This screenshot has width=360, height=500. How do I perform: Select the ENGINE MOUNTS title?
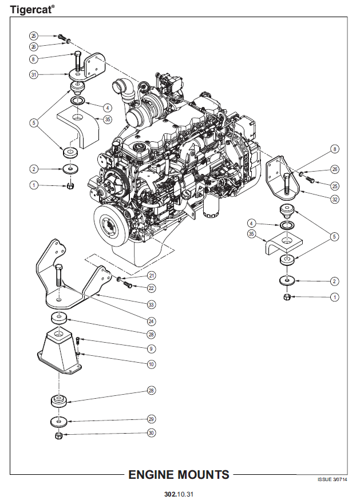[179, 474]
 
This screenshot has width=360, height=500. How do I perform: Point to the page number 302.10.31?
[179, 494]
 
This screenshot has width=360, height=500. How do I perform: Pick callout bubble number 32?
[335, 199]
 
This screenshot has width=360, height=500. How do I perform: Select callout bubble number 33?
[151, 304]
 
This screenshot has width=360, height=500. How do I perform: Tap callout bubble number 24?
[151, 320]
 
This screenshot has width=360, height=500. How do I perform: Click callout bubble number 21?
[151, 276]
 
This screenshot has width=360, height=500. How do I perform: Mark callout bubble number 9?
[151, 348]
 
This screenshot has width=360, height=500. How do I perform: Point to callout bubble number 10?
[151, 364]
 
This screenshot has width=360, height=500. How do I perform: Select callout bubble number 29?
[151, 418]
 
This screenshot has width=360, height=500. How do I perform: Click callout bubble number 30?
[151, 433]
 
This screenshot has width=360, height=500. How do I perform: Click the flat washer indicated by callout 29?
[58, 422]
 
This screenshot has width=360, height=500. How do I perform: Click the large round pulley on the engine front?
[113, 228]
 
